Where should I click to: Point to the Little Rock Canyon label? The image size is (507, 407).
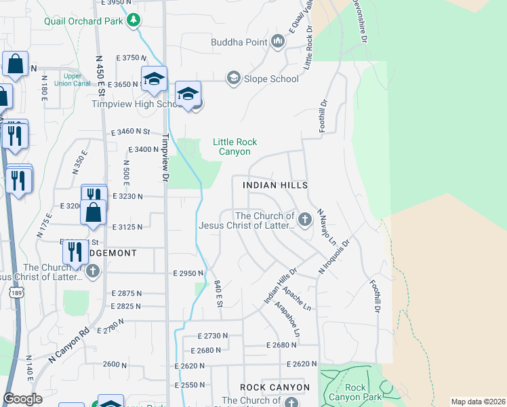click(x=235, y=147)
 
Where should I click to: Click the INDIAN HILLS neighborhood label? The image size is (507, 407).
click(x=270, y=185)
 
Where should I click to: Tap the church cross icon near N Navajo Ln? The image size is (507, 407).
click(x=305, y=219)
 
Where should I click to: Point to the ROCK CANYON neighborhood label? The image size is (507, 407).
click(x=275, y=387)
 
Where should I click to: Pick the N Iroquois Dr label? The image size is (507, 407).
click(x=334, y=257)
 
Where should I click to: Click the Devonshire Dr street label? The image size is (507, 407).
click(x=359, y=22)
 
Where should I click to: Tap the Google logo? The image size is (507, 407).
click(x=22, y=399)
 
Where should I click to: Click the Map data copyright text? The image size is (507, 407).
click(x=478, y=402)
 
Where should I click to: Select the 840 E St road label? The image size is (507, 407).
click(x=218, y=292)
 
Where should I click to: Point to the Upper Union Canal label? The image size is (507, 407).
click(x=76, y=79)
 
